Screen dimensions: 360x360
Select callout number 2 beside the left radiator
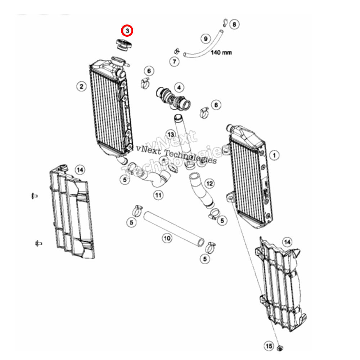(x=82, y=86)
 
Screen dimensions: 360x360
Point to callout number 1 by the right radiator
(x=274, y=155)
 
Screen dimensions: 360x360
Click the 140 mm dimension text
(x=221, y=53)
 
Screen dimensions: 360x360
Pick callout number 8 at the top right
(x=234, y=24)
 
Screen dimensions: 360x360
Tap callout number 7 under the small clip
(x=174, y=62)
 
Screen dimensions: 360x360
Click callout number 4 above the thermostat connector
(x=179, y=87)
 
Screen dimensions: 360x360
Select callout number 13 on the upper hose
(x=171, y=134)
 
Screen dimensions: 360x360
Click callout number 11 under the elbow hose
(x=158, y=195)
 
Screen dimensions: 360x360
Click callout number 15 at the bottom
(x=269, y=346)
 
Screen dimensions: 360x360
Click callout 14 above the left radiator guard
(x=80, y=169)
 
